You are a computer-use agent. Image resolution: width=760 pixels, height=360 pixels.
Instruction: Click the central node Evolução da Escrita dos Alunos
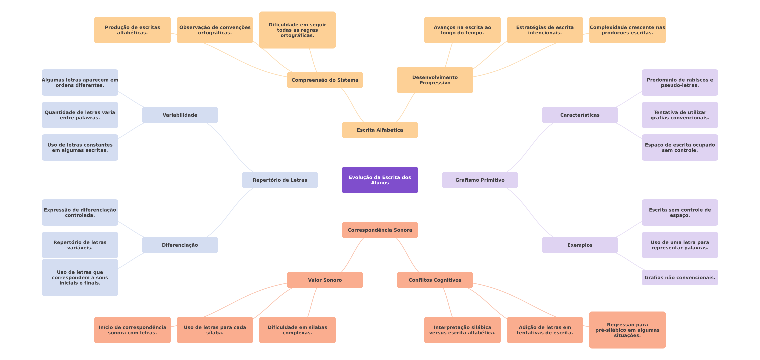coord(380,180)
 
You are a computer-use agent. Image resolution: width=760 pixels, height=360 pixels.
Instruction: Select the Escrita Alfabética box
coord(380,130)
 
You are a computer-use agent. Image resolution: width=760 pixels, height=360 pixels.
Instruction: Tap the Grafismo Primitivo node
coord(480,180)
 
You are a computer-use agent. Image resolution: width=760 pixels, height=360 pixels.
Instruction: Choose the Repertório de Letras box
coord(280,180)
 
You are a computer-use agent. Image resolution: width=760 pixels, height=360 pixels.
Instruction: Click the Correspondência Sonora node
coord(380,230)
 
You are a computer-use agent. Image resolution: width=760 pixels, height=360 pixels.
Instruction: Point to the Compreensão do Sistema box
coord(325,80)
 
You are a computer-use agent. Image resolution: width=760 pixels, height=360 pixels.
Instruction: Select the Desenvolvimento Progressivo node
coord(435,80)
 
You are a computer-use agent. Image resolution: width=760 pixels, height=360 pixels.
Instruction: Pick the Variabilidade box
coord(180,115)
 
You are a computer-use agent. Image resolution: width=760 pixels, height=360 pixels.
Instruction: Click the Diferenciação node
coord(180,245)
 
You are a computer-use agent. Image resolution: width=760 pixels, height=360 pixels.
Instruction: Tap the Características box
coord(580,115)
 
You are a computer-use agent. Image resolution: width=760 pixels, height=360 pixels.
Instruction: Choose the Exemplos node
coord(580,245)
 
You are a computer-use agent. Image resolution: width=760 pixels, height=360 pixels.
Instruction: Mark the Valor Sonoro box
coord(325,280)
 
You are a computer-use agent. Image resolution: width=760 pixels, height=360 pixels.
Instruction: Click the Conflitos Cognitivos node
coord(435,280)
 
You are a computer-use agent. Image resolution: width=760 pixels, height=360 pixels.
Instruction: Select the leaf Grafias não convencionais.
coord(680,278)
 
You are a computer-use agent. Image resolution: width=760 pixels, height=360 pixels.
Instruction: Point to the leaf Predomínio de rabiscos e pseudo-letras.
coord(680,83)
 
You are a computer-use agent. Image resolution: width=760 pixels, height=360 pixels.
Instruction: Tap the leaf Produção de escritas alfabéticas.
coord(132,30)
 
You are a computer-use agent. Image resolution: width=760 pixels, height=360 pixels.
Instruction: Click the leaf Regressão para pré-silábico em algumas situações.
coord(627,330)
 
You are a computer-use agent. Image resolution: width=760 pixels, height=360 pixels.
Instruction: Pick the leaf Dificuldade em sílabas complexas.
coord(297,330)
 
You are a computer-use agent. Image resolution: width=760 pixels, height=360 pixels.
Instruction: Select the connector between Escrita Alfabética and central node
coord(380,152)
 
